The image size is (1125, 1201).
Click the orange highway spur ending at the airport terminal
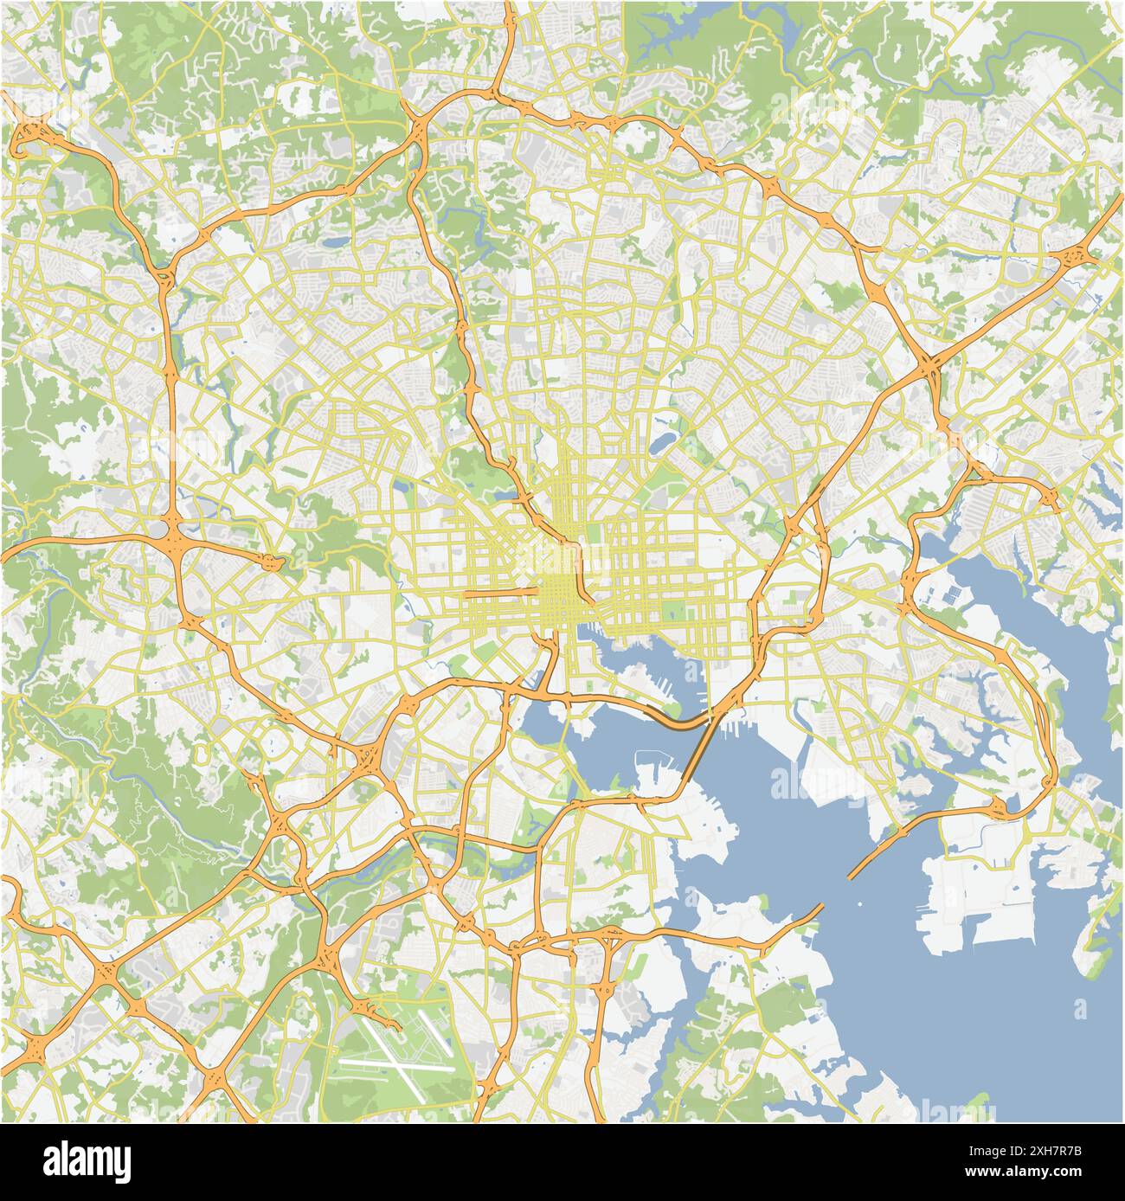(x=381, y=1015)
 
